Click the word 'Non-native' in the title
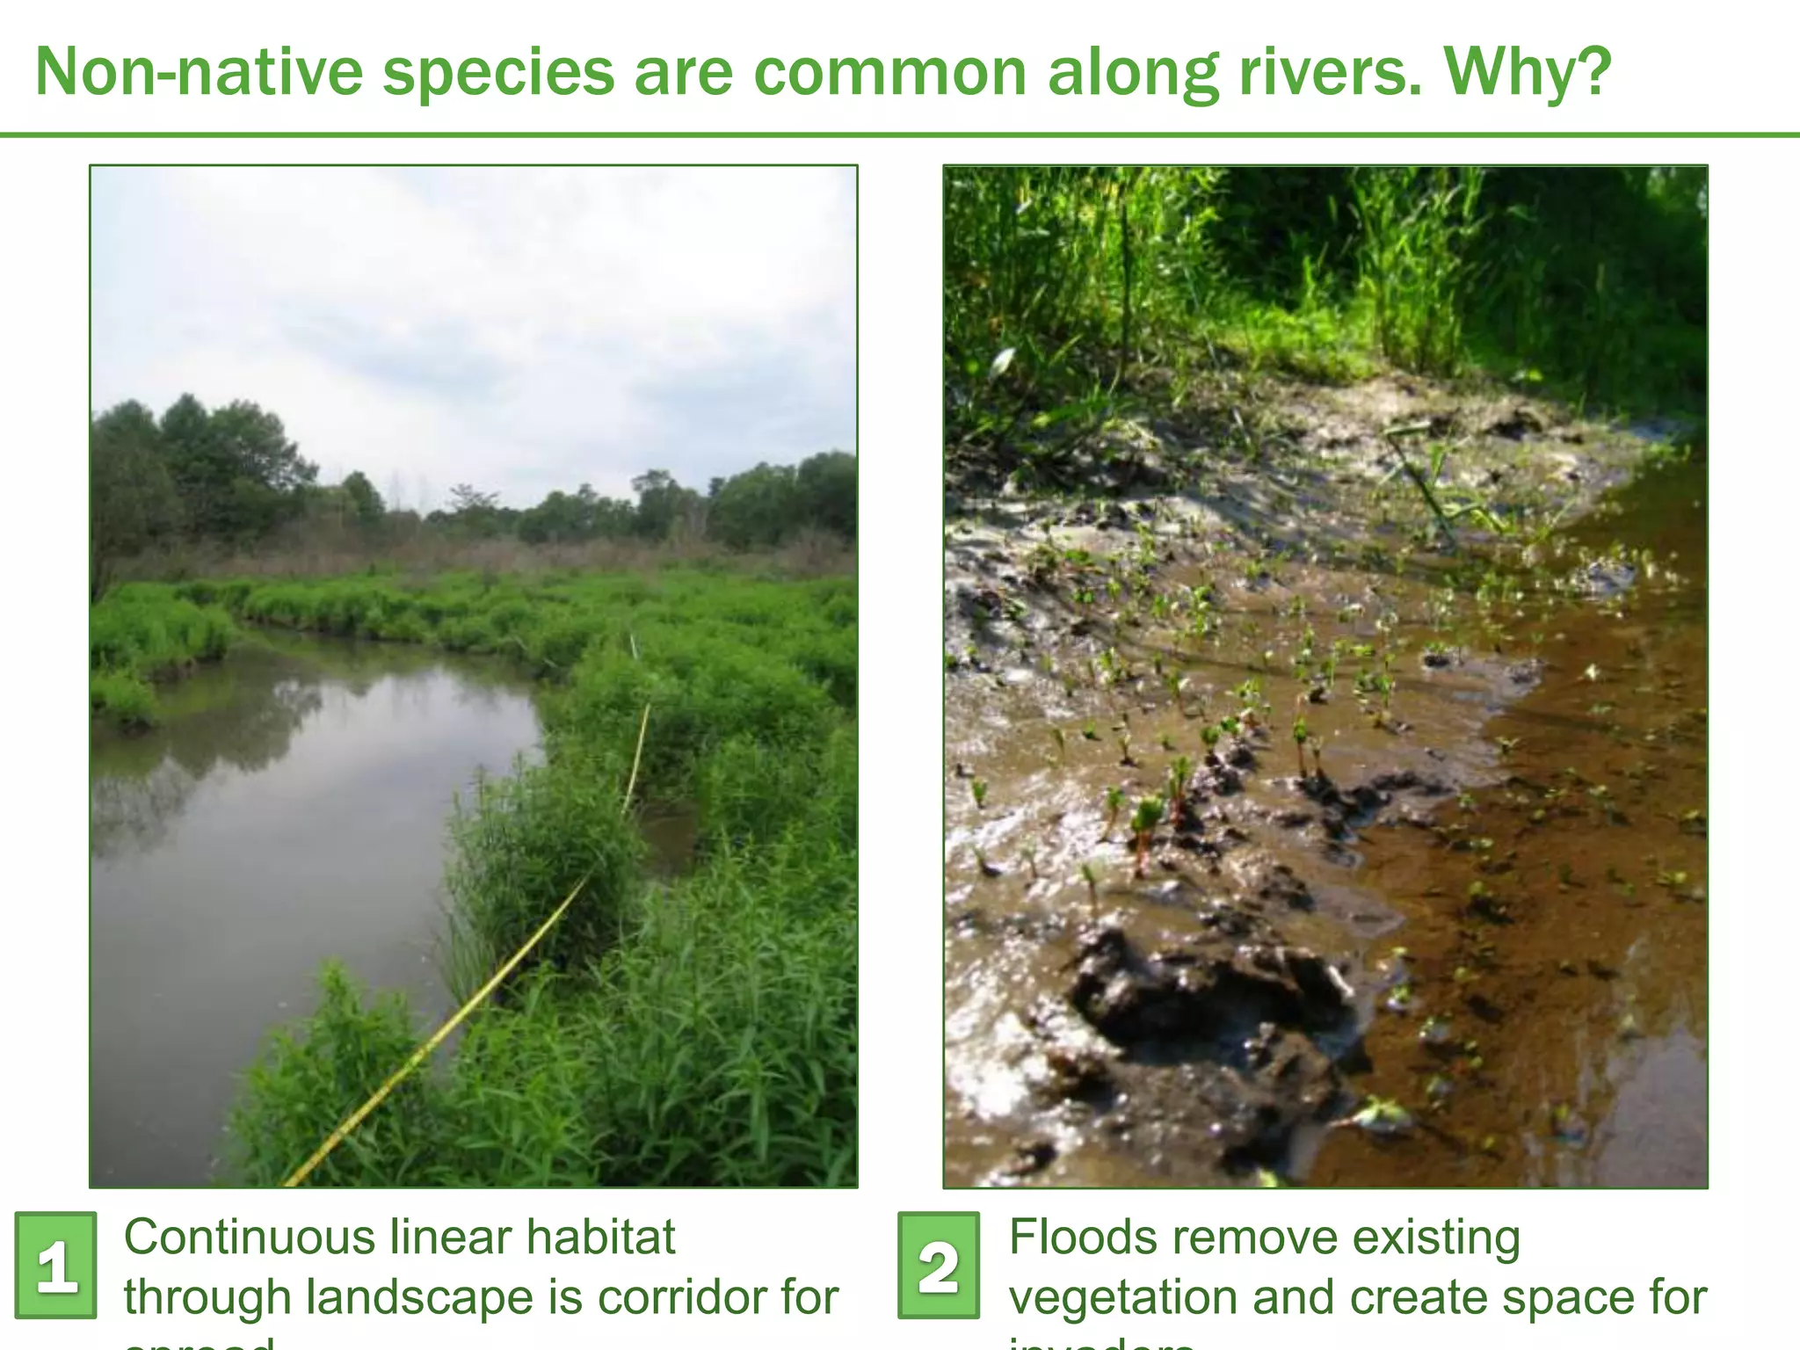coord(199,72)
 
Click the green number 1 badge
coord(56,1265)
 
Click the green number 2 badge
coord(939,1265)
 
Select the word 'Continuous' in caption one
coord(250,1237)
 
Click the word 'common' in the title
coord(889,72)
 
